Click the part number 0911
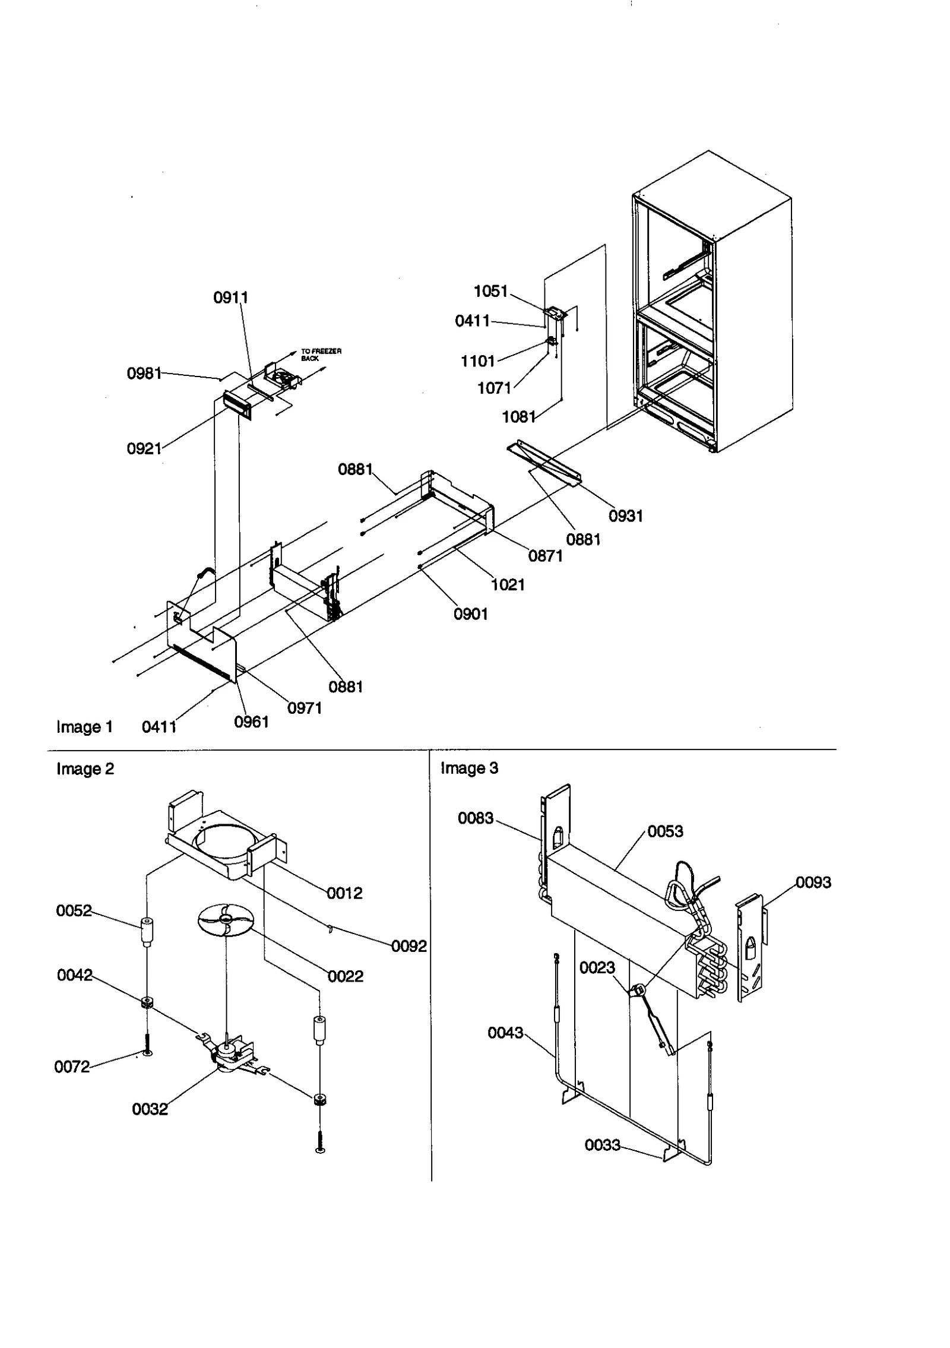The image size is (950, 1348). point(230,298)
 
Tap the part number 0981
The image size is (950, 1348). point(144,373)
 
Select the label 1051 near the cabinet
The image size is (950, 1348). point(490,291)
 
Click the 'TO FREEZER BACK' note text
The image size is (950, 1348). point(321,355)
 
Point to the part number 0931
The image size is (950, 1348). point(626,515)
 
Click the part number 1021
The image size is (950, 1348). point(508,584)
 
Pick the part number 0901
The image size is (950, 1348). point(470,614)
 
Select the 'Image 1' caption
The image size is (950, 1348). point(84,727)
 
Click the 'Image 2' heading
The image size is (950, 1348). point(85,768)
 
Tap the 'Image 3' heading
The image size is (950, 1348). point(469,768)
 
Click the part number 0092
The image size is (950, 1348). point(408,947)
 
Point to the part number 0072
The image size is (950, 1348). point(72,1067)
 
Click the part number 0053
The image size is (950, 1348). point(665,831)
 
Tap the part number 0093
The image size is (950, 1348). point(813,882)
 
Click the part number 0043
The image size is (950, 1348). point(505,1033)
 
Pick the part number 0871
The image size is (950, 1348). point(545,556)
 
